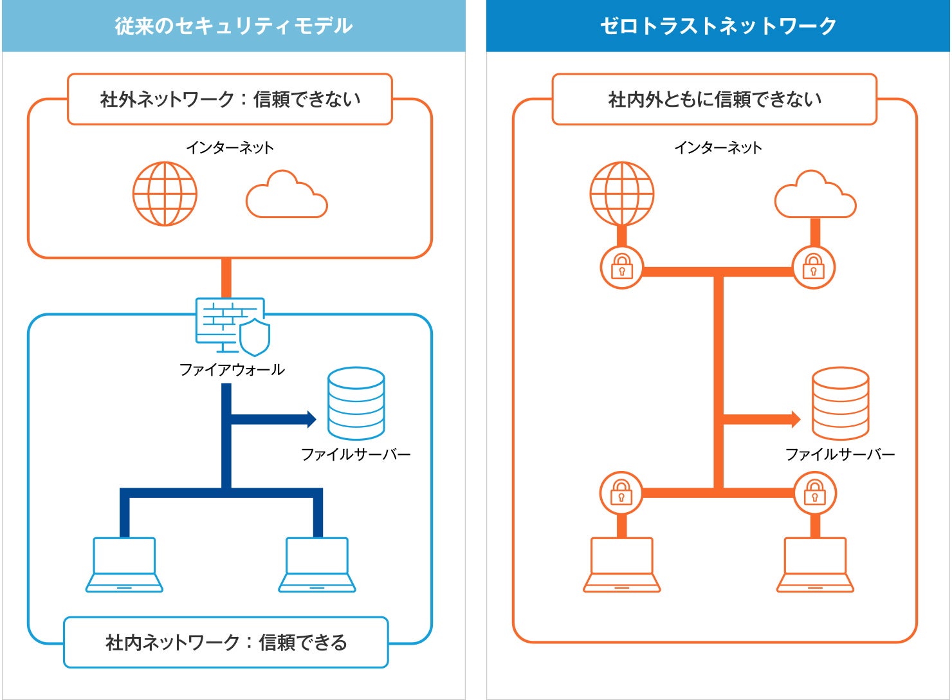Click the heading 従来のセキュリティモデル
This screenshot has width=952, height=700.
coord(233,26)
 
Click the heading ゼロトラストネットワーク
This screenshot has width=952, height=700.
coord(719,26)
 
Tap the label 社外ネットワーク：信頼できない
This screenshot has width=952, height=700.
coord(230,100)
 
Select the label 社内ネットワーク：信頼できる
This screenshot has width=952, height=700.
coord(226,642)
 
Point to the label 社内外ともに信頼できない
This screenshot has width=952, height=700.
coord(715,100)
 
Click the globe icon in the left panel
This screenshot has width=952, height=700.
coord(165,194)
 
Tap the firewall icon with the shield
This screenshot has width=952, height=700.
coord(233,326)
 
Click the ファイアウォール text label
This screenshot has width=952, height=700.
coord(232,369)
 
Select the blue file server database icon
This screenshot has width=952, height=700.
coord(356,403)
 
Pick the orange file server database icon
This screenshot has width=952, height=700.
coord(841,403)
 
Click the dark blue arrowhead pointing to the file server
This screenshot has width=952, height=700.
coord(311,419)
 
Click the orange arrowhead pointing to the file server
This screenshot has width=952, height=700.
coord(796,419)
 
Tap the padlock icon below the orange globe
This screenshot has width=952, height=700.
coord(622,267)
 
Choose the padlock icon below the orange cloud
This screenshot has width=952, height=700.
coord(814,267)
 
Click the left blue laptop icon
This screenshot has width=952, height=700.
coord(124,564)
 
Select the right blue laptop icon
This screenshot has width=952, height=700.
coord(317,564)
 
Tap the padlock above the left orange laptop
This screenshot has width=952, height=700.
coord(621,493)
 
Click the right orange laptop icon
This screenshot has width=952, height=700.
coord(815,564)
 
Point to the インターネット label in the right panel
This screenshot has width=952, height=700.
coord(719,147)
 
